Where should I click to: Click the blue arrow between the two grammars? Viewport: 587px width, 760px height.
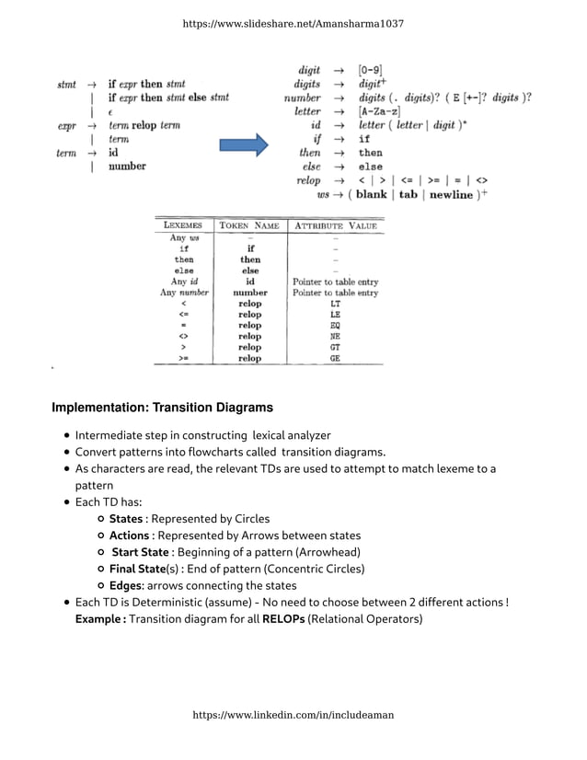click(x=242, y=144)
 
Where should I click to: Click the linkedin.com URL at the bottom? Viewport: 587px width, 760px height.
click(x=293, y=714)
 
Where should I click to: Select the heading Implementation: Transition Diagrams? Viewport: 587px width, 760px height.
click(x=162, y=407)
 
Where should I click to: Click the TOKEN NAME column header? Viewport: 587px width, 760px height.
click(x=249, y=225)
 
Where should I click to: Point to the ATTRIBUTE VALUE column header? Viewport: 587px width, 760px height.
click(x=335, y=225)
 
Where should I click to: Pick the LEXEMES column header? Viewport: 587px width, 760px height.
click(x=184, y=225)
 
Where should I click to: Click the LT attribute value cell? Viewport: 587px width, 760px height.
click(x=335, y=304)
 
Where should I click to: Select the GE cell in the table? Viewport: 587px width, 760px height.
click(x=335, y=359)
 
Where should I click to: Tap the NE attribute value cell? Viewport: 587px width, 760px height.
click(x=335, y=337)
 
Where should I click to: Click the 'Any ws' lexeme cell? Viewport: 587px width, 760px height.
click(x=184, y=238)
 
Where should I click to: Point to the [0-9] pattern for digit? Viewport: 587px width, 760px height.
click(x=370, y=70)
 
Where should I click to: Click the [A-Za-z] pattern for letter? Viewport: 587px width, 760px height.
click(x=379, y=111)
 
